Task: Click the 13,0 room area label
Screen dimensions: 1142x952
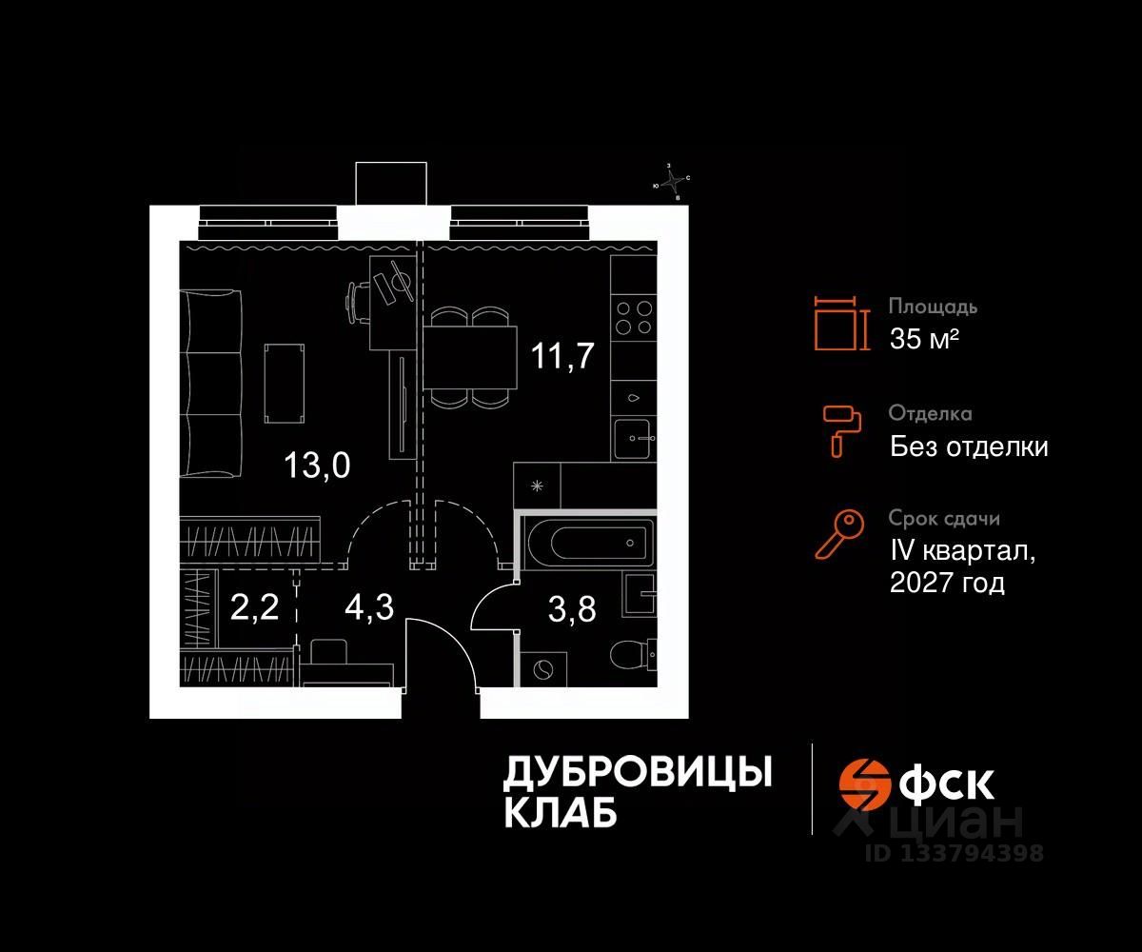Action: (x=318, y=466)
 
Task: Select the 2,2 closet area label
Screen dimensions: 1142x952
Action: (x=254, y=606)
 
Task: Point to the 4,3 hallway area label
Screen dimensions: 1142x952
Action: (x=369, y=606)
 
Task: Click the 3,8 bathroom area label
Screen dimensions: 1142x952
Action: (x=573, y=606)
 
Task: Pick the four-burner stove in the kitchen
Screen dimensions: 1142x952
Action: (x=633, y=317)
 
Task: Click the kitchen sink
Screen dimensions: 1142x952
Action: (x=634, y=437)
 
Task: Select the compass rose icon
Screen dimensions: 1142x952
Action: (x=673, y=182)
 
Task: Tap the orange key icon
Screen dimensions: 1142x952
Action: (x=839, y=534)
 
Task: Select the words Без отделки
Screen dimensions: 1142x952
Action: (x=969, y=446)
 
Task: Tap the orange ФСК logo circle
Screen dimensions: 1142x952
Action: (x=861, y=783)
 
